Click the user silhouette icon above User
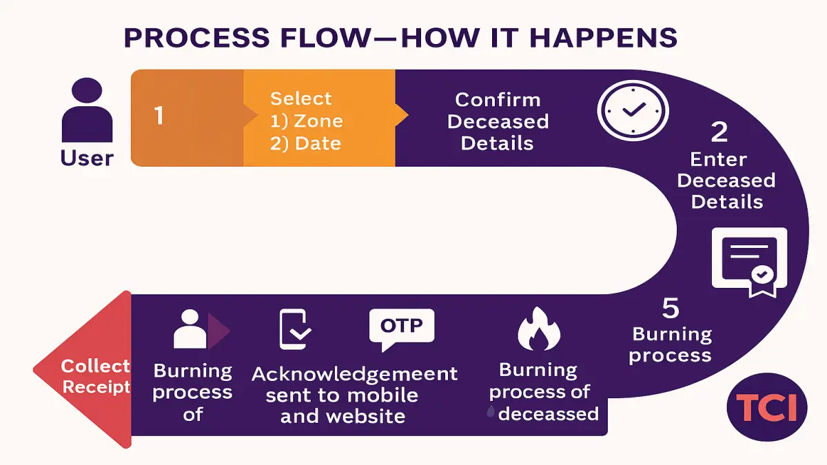pyautogui.click(x=87, y=110)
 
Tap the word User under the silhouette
pyautogui.click(x=87, y=158)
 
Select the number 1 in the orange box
pyautogui.click(x=159, y=115)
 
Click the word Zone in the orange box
pyautogui.click(x=318, y=121)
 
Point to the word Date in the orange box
pyautogui.click(x=318, y=143)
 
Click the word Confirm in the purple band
pyautogui.click(x=498, y=100)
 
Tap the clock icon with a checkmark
pyautogui.click(x=633, y=110)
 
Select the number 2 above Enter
pyautogui.click(x=719, y=132)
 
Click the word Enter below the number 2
pyautogui.click(x=718, y=159)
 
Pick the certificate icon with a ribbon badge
pyautogui.click(x=750, y=262)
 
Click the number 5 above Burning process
pyautogui.click(x=671, y=308)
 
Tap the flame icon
pyautogui.click(x=539, y=329)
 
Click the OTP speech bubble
pyautogui.click(x=402, y=329)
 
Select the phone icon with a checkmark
pyautogui.click(x=295, y=329)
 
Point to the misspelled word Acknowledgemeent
pyautogui.click(x=354, y=375)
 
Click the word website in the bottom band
pyautogui.click(x=365, y=416)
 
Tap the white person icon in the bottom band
pyautogui.click(x=190, y=329)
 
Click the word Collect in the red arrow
pyautogui.click(x=95, y=366)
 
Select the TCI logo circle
pyautogui.click(x=767, y=407)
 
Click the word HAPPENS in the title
pyautogui.click(x=603, y=38)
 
